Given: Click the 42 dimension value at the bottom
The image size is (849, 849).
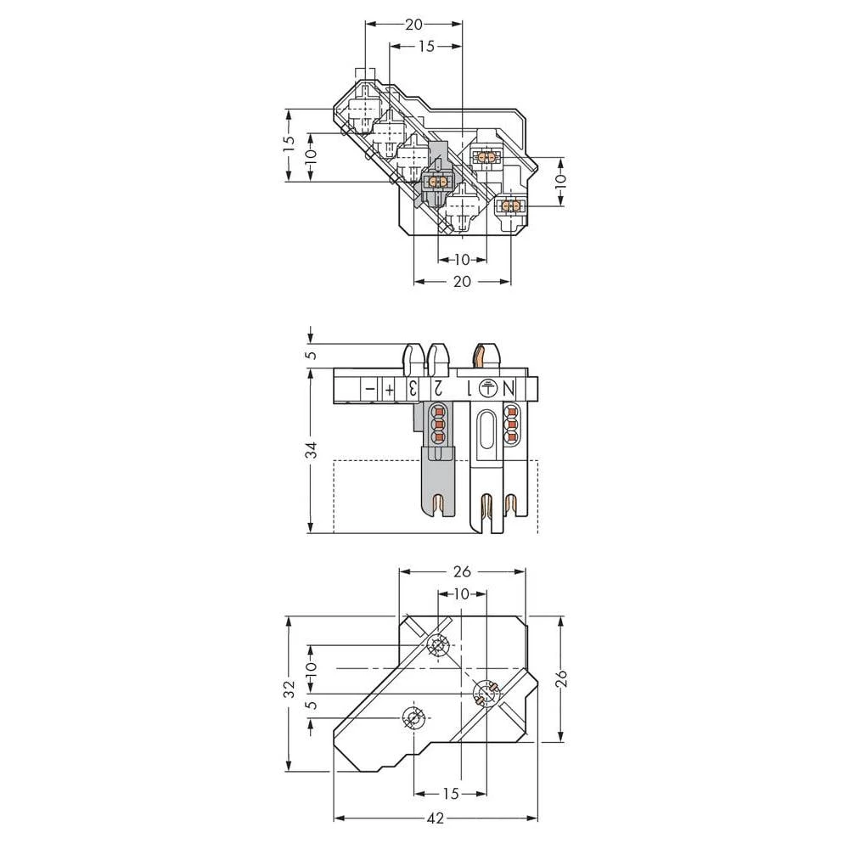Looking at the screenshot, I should point(436,818).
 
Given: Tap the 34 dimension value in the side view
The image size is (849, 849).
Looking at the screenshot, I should point(312,450).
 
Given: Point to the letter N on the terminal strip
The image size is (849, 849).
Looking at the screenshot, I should point(510,389).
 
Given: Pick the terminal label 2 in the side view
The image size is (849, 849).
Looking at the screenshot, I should point(438,389).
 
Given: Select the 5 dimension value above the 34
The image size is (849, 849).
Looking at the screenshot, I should point(312,355).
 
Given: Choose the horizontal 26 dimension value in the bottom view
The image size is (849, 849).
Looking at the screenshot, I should point(463,571).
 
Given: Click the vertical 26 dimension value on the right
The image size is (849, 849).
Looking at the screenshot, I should point(561,678).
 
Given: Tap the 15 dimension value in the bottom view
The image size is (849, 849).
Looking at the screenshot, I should point(451,794).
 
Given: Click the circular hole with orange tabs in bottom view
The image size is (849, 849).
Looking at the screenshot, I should point(485,695).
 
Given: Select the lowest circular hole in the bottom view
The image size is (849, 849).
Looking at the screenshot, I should point(414,720).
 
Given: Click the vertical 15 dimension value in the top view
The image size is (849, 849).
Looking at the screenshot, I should point(288,144).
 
